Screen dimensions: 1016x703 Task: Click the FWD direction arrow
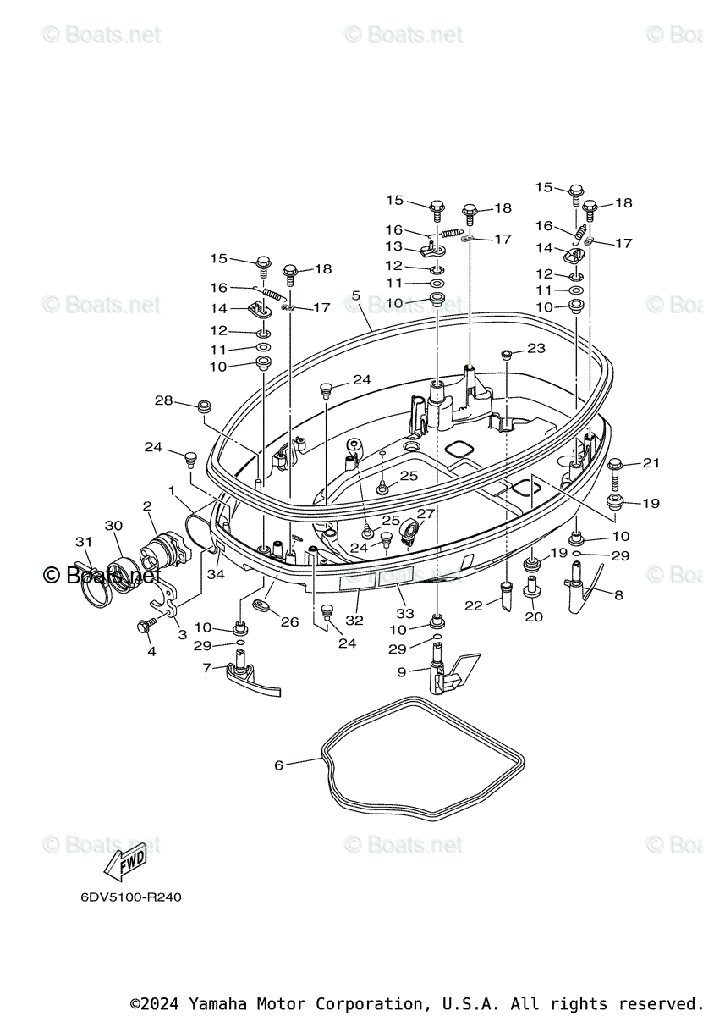pos(124,862)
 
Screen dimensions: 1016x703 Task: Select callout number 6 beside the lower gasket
pos(279,765)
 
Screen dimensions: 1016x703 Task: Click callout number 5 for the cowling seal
pos(356,295)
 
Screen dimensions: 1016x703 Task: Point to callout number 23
pos(536,348)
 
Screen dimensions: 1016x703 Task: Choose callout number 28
pos(163,400)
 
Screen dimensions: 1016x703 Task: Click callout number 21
pos(651,462)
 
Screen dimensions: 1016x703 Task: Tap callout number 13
pos(394,246)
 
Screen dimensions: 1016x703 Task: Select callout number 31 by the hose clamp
pos(82,542)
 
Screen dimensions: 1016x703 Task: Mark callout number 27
pos(426,513)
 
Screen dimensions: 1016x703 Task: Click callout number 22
pos(473,605)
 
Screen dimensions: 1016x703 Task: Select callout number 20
pos(534,616)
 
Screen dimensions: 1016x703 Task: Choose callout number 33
pos(405,613)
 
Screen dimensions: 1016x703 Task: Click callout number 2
pos(147,506)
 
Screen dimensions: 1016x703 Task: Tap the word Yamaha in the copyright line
pos(218,1004)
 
